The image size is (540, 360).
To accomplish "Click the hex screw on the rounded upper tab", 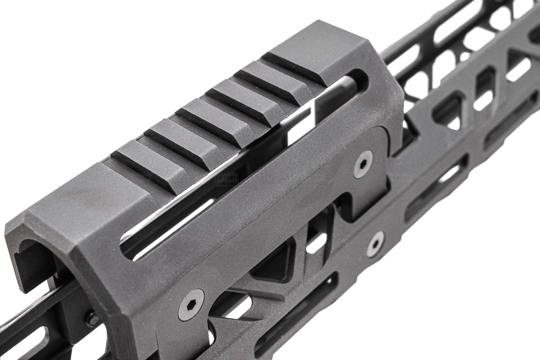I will click(362, 164).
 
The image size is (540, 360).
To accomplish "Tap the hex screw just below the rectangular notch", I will click(375, 244).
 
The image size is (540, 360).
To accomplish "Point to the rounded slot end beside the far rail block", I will click(359, 80).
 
